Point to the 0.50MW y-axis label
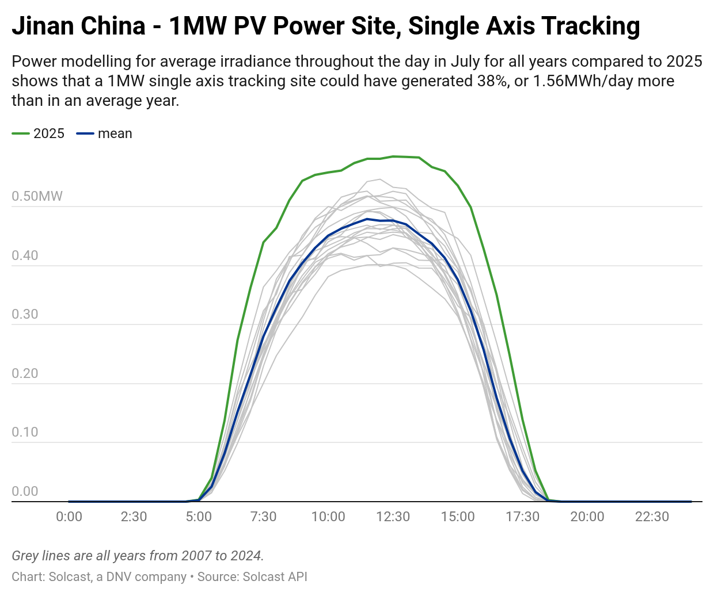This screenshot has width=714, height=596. [37, 196]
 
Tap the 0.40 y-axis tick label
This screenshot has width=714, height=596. [25, 255]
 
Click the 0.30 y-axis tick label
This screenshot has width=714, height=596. [25, 314]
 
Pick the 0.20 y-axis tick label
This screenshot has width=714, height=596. [25, 373]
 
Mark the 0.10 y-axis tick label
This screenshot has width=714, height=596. [25, 432]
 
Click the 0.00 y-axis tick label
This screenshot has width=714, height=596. [25, 491]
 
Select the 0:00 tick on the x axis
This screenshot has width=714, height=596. [69, 517]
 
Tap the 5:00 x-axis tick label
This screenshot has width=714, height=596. [199, 517]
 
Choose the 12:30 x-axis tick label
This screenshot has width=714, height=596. [393, 517]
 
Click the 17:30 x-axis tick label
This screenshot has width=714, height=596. [522, 517]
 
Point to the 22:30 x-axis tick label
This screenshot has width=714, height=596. [652, 517]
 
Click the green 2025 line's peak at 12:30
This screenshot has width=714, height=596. [393, 156]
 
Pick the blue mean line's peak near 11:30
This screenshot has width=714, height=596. [367, 219]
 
